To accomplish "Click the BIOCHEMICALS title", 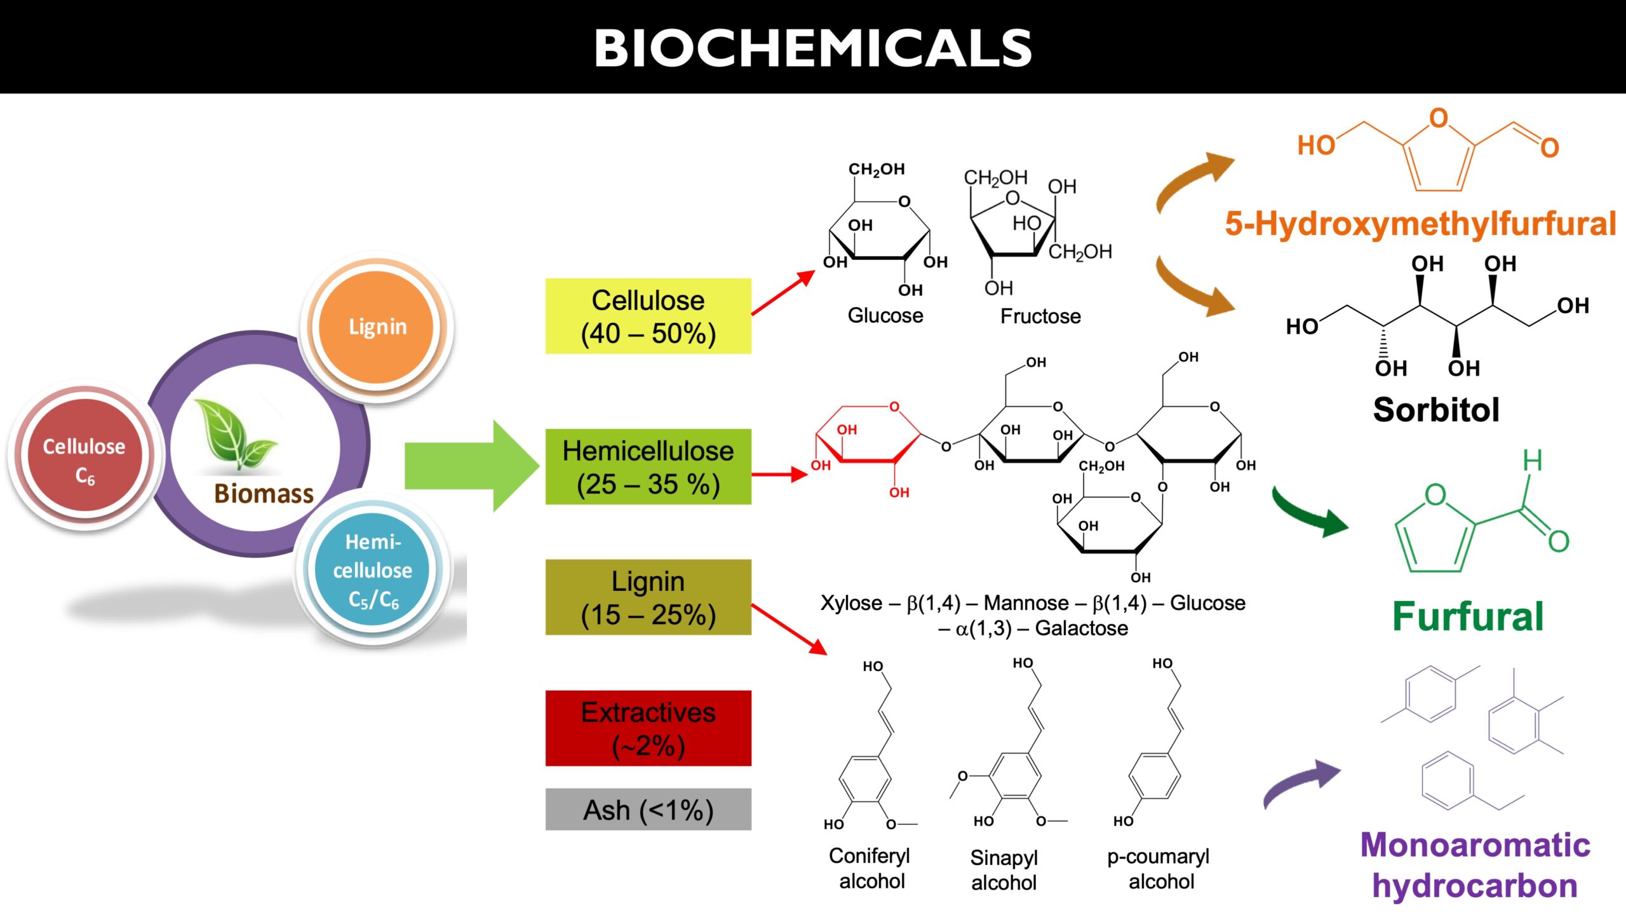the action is tap(813, 48).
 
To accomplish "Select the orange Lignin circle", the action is tap(377, 327).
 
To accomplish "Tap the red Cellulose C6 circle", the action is tap(84, 456).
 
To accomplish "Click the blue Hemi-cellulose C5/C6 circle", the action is tap(373, 569).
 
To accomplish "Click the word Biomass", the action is tap(264, 494).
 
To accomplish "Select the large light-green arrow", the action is tap(472, 466).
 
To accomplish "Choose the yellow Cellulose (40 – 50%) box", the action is tap(648, 316).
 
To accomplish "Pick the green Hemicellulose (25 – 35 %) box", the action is tap(648, 466).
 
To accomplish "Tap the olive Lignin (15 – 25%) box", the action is tap(648, 597).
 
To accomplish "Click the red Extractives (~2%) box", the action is tap(648, 728).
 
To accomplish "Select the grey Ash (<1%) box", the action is tap(648, 810).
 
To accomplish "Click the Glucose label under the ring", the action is tap(885, 316).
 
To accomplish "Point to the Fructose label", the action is tap(1040, 316).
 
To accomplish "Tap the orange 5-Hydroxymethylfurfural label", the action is tap(1421, 224).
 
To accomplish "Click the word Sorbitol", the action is tap(1436, 409).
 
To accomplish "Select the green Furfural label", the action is tap(1468, 616).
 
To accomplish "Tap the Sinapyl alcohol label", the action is tap(1004, 870).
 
